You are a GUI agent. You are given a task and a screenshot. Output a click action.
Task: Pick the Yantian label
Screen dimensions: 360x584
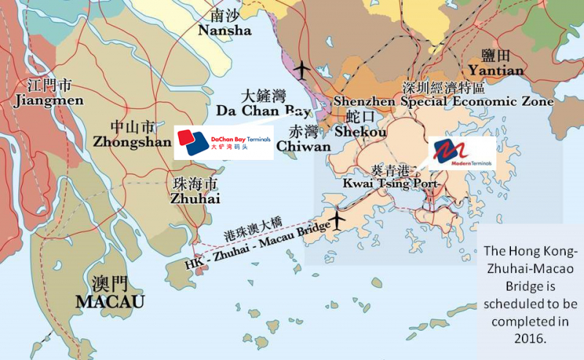pos(496,70)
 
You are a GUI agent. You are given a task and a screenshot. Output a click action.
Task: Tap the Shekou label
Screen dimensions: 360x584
pos(360,131)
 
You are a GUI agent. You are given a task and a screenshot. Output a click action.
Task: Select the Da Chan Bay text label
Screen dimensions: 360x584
pos(264,110)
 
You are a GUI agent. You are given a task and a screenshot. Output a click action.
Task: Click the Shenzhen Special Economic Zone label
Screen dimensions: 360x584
pos(444,102)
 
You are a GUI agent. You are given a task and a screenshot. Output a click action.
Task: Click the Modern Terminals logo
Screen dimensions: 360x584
pos(462,153)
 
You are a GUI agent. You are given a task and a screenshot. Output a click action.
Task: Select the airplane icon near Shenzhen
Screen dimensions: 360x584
pos(301,68)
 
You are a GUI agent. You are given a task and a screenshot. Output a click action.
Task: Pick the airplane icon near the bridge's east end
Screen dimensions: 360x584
pos(337,218)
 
